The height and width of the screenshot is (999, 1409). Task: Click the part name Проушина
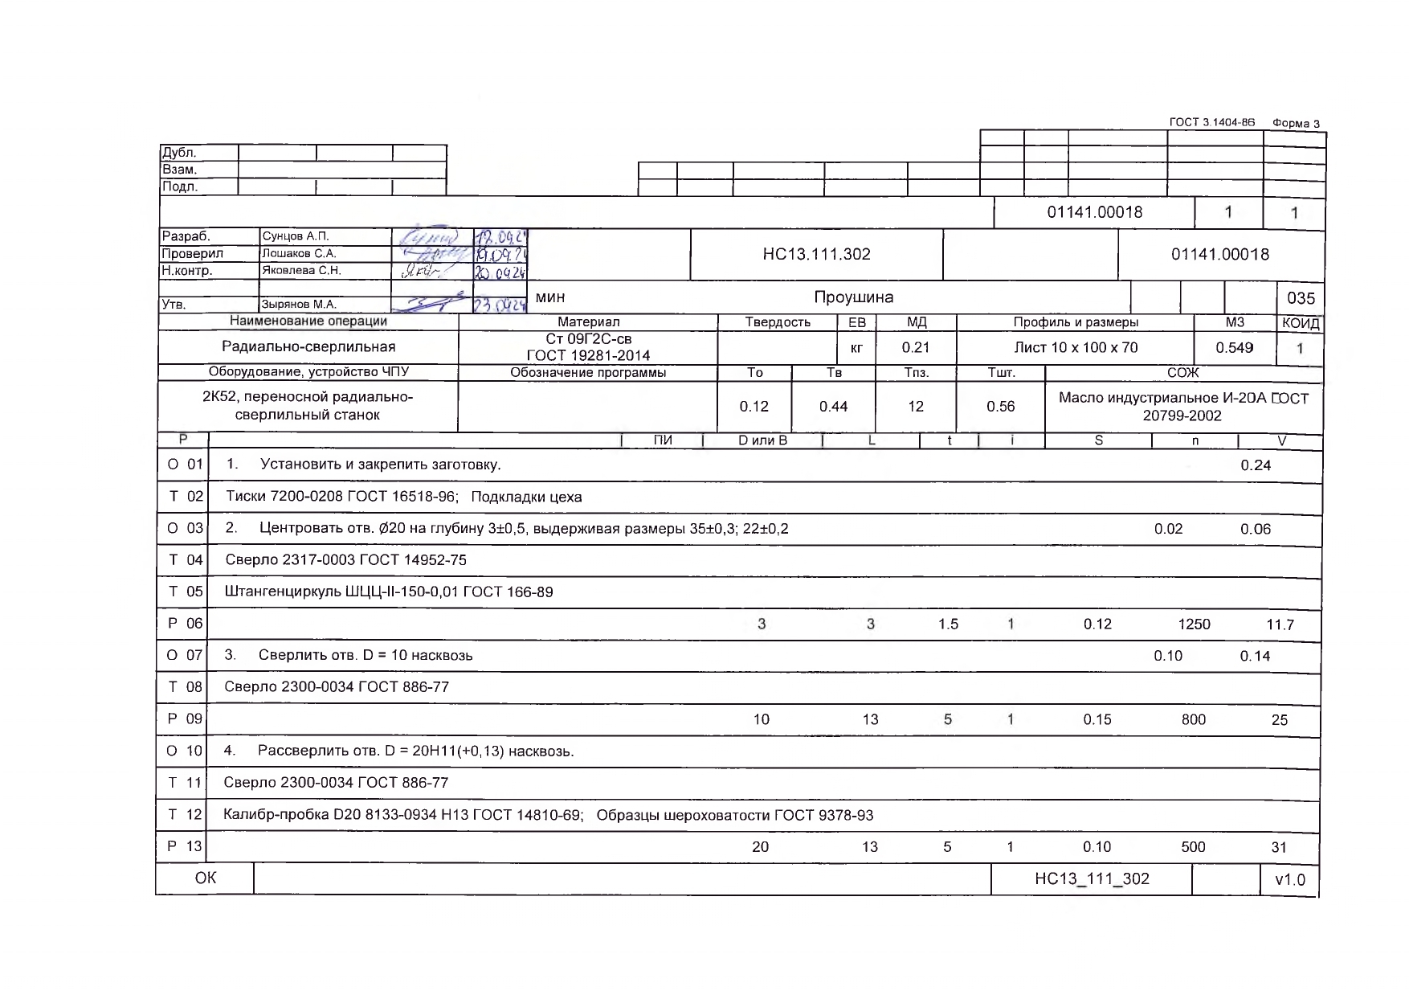point(853,297)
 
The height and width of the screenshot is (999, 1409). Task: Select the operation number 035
point(1301,298)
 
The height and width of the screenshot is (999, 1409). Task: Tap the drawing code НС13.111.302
point(816,255)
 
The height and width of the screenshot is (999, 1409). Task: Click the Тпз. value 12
point(916,407)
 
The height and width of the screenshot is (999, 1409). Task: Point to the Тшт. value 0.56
point(1000,407)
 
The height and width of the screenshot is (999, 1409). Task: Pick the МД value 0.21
point(916,348)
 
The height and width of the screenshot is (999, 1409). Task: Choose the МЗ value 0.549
point(1234,348)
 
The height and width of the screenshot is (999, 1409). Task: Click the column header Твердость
point(778,322)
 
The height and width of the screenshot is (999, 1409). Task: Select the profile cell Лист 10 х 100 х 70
point(1076,348)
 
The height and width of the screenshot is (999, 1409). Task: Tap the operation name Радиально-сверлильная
point(308,347)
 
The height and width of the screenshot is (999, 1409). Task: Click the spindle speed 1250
point(1194,624)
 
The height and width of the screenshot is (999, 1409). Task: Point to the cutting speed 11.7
point(1280,624)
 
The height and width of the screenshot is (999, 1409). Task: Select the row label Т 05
point(185,592)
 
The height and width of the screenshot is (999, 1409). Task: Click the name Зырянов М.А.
point(299,305)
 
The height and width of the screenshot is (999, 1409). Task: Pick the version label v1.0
point(1290,880)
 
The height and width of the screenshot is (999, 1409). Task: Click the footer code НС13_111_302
point(1092,879)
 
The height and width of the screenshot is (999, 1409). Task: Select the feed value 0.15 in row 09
point(1097,719)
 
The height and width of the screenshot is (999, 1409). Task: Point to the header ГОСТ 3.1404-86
point(1211,123)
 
